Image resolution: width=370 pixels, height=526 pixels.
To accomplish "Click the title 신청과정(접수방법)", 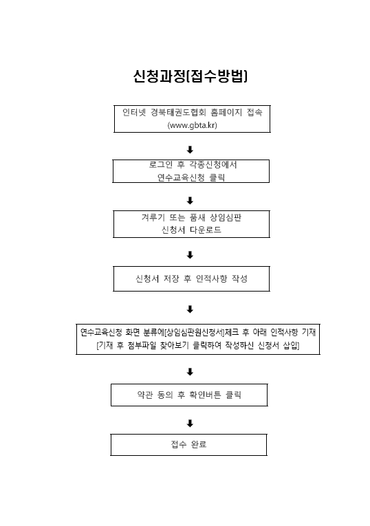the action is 191,76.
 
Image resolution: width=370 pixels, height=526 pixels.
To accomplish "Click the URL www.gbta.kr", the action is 192,125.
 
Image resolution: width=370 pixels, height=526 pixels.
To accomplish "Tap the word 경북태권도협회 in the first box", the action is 178,112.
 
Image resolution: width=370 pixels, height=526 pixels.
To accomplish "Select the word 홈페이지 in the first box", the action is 226,112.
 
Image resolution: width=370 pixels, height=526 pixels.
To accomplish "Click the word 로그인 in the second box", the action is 161,164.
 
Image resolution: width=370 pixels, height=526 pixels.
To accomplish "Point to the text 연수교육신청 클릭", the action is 191,177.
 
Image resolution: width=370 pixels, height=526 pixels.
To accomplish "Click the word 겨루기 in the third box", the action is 153,217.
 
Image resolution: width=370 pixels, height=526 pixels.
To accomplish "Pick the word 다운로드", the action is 206,230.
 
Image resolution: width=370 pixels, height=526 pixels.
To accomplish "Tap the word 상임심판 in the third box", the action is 226,217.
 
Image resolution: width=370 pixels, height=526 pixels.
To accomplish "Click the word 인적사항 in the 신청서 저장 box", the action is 211,278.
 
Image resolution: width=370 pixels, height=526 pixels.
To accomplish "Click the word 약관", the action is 145,395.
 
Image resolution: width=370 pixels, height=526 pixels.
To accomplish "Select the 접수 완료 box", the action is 188,445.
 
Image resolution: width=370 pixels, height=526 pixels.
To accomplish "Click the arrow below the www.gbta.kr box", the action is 190,150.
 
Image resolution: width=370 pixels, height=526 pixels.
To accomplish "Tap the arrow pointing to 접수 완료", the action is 190,424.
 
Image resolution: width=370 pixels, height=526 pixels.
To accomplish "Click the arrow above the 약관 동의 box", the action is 190,372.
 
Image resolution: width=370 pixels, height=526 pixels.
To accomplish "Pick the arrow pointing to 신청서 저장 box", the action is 190,255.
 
